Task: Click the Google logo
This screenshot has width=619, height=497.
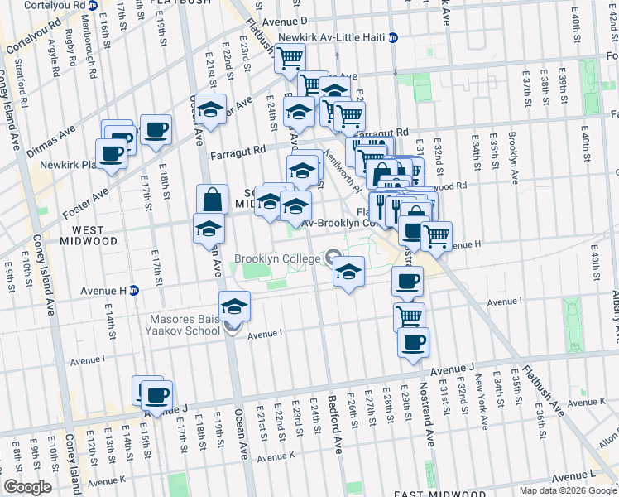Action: pos(27,487)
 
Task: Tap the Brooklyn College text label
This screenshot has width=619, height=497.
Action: pos(276,259)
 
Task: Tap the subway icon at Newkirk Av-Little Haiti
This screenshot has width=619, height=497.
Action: pos(393,37)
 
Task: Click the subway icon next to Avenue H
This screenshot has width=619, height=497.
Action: pos(133,291)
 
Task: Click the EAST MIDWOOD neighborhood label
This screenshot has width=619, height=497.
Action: pos(426,494)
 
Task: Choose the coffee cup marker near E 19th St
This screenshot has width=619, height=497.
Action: pos(156,130)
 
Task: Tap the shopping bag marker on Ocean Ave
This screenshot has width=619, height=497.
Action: pos(212,200)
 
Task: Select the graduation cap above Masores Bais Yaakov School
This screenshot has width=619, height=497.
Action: pos(234,306)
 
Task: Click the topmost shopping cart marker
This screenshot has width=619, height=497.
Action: pos(290,58)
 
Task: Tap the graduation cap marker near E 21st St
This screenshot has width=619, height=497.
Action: pos(211,110)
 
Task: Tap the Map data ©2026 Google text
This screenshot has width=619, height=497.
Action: pos(568,490)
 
